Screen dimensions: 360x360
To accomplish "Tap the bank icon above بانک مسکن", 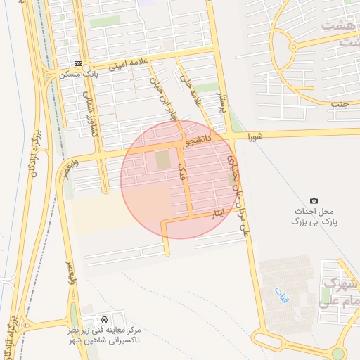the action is pyautogui.click(x=77, y=63).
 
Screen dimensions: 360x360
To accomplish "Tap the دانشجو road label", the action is pyautogui.click(x=198, y=141).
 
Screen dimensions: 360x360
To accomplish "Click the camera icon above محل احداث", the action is pyautogui.click(x=314, y=201).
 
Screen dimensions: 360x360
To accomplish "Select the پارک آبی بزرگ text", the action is pyautogui.click(x=316, y=221).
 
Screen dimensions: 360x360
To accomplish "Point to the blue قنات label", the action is pyautogui.click(x=276, y=292).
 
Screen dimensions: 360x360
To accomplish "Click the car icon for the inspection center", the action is pyautogui.click(x=105, y=319).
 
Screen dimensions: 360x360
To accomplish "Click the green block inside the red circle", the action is pyautogui.click(x=162, y=160).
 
